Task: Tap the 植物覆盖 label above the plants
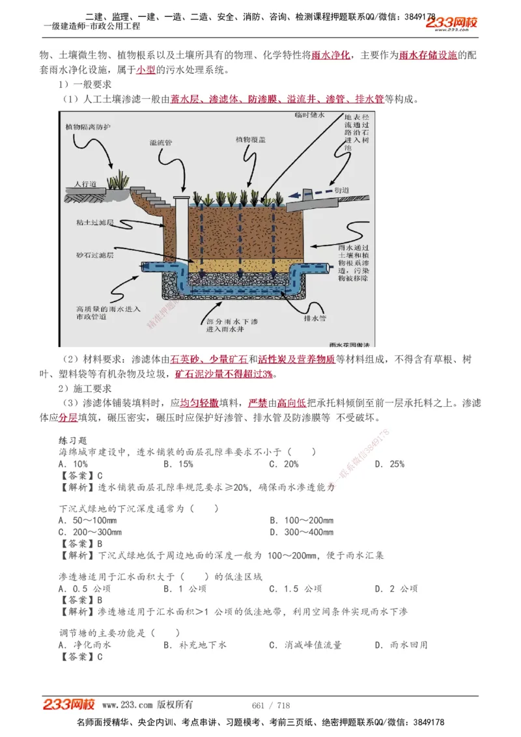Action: (x=250, y=139)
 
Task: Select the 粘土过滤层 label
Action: (x=95, y=223)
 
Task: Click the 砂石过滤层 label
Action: (x=94, y=256)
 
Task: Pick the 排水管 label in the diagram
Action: (x=316, y=319)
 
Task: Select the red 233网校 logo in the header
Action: (x=452, y=24)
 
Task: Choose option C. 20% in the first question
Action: (x=284, y=464)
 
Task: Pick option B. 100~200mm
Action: (x=302, y=520)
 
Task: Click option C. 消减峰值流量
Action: (x=305, y=645)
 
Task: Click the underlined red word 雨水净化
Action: (x=331, y=56)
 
